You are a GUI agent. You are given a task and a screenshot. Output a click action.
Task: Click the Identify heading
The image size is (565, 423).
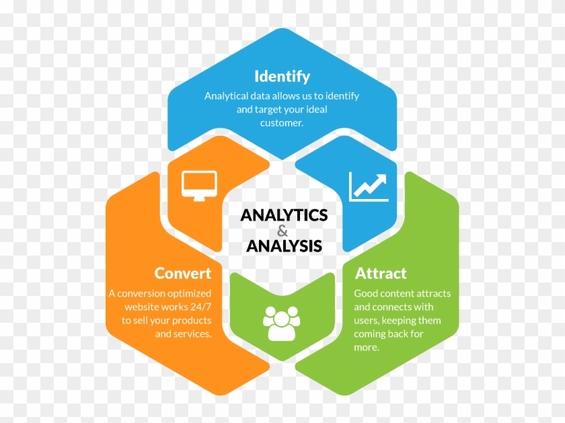282,77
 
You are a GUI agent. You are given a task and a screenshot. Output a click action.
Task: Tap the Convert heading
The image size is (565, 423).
183,274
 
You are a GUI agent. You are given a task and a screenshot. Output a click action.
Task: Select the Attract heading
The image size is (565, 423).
381,274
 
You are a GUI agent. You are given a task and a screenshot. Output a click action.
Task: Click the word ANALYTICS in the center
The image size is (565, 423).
284,215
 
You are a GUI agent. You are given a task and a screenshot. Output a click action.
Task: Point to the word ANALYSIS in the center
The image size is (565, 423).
284,246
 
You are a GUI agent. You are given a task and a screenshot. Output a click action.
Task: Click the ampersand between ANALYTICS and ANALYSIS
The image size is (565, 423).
283,231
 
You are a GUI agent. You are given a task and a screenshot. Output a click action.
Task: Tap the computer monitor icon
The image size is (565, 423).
199,186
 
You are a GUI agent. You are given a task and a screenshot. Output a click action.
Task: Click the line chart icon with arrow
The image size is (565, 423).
369,186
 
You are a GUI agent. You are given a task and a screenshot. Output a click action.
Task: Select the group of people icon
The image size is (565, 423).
282,323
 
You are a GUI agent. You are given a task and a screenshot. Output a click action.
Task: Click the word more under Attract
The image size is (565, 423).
367,348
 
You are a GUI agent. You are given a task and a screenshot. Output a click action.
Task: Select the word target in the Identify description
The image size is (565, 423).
266,110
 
